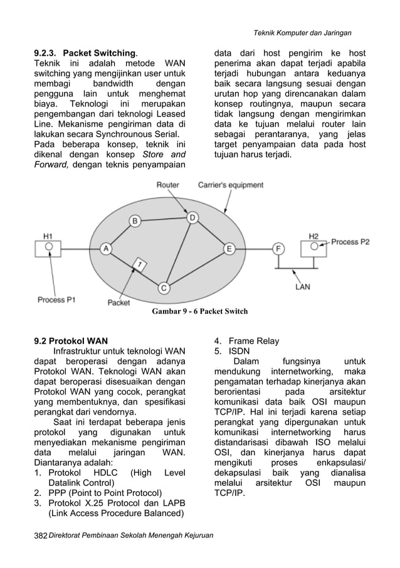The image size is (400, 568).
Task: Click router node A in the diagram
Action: tap(105, 249)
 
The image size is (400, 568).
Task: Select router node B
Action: tap(135, 220)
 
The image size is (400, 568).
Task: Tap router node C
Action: tap(164, 287)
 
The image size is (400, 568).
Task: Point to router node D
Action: tap(193, 217)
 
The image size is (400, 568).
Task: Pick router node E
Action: tap(229, 249)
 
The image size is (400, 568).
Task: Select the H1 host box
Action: tap(48, 248)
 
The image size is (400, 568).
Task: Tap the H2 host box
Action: tap(314, 248)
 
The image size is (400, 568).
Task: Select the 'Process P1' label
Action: tap(56, 299)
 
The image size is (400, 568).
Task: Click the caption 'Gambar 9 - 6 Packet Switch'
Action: tap(200, 311)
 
